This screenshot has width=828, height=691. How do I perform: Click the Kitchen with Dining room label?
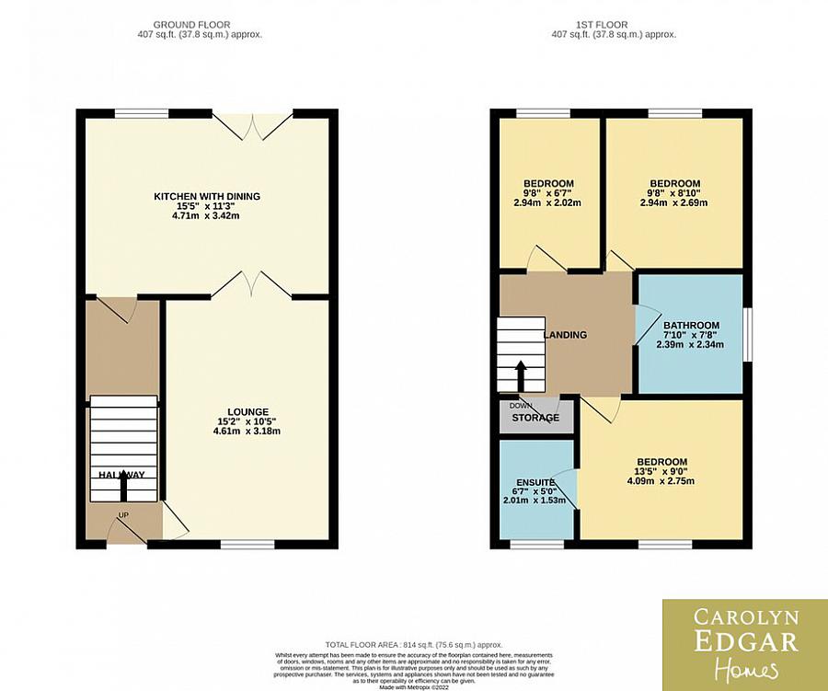(x=207, y=196)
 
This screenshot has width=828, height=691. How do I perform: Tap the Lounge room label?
(x=248, y=411)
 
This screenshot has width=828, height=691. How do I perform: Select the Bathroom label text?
(x=691, y=326)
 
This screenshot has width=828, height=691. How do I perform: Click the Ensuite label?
(x=535, y=482)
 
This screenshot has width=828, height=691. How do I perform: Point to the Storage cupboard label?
(x=535, y=418)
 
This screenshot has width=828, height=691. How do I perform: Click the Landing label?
(x=566, y=335)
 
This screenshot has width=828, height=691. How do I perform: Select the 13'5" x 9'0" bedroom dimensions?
(x=662, y=473)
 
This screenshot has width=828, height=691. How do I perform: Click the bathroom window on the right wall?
(x=747, y=333)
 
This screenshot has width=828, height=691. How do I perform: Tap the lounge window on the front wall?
(x=247, y=545)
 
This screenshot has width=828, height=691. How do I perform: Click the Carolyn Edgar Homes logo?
(x=744, y=642)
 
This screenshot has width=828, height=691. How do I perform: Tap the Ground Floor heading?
(x=192, y=25)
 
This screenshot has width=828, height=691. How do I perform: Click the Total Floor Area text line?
(x=413, y=646)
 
